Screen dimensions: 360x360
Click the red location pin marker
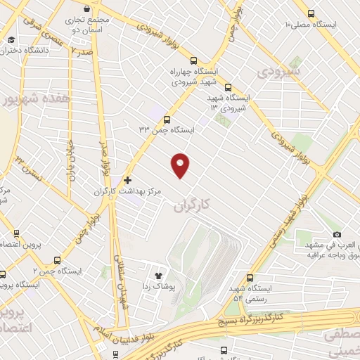coord(181,165)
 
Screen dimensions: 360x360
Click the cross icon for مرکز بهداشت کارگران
coord(127,180)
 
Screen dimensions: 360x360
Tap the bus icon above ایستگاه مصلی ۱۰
coord(311,13)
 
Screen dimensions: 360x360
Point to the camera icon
coord(337,234)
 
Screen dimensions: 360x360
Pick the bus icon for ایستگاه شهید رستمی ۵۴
coord(251,278)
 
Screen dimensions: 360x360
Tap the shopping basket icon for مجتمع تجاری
coord(86,9)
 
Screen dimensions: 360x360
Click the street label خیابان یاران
coord(70,162)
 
